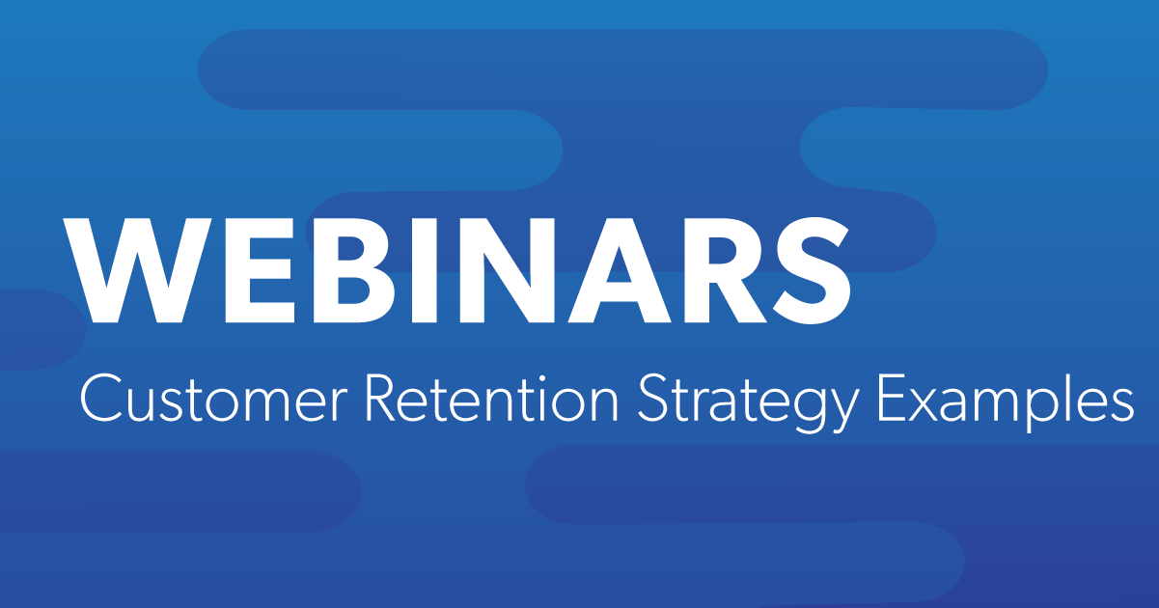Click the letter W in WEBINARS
(x=137, y=270)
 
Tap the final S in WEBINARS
(x=812, y=270)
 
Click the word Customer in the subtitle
(x=213, y=399)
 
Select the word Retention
(x=491, y=398)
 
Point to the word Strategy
(x=748, y=403)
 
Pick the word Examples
(x=1006, y=402)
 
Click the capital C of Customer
(x=101, y=399)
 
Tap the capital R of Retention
(x=383, y=399)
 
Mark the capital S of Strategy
(x=653, y=399)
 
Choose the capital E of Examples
(x=891, y=399)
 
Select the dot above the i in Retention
(x=539, y=378)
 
